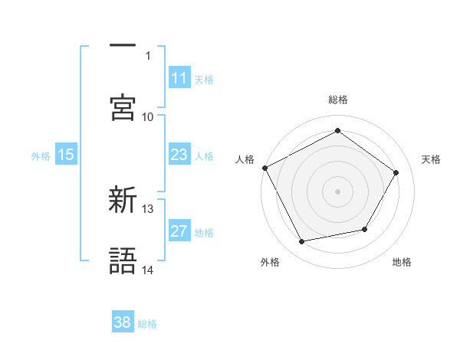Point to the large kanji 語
coord(123,260)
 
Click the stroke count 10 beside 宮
coord(148,116)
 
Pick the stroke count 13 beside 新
coord(148,208)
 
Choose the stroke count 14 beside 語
coord(148,270)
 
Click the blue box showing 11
coord(179,78)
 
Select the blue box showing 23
coord(179,155)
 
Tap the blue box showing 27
coord(179,231)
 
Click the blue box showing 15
coord(66,155)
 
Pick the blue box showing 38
coord(122,322)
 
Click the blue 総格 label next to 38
coord(147,324)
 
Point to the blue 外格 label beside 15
coord(41,155)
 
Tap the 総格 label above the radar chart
coord(338,100)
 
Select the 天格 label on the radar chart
coord(432,159)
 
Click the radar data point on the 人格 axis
coord(264,168)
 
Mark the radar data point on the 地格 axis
coord(365,229)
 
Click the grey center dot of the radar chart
coord(338,191)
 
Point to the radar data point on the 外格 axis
coord(302,242)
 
